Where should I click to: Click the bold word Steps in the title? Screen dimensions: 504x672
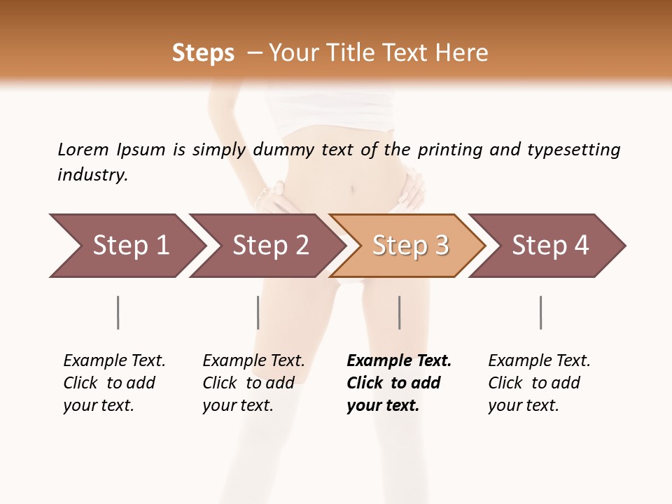click(203, 53)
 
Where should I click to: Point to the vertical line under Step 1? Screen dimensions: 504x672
click(118, 312)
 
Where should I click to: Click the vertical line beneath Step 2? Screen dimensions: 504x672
click(258, 312)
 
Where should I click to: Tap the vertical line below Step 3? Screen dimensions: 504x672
click(399, 312)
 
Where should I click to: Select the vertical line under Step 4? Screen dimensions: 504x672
click(540, 312)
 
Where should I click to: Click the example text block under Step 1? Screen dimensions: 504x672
click(114, 383)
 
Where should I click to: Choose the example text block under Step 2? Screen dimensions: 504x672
click(253, 383)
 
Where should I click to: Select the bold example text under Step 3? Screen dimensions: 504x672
click(398, 383)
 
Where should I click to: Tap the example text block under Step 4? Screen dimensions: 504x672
click(539, 383)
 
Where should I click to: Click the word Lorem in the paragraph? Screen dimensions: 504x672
click(83, 150)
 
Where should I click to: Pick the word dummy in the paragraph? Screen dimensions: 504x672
click(283, 150)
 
